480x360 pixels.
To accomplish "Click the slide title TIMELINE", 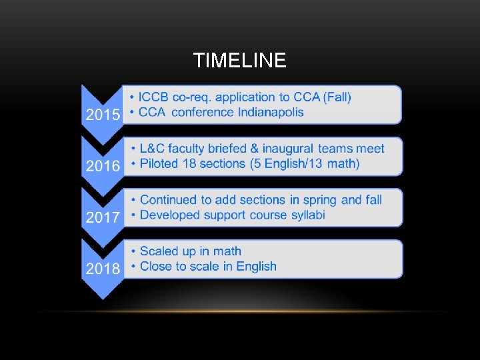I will coord(239,61).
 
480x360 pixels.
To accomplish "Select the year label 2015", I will coord(103,114).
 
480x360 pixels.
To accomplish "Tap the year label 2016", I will coord(103,165).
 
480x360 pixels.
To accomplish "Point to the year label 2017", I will coord(103,217).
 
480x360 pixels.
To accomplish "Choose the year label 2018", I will coord(103,268).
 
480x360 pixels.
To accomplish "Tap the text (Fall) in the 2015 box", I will coord(337,97).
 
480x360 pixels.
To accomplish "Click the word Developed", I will coord(170,215).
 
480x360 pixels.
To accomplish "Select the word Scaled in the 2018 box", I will coord(159,251).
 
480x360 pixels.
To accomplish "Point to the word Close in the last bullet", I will coord(156,267).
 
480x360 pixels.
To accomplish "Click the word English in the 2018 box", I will coord(255,267).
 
